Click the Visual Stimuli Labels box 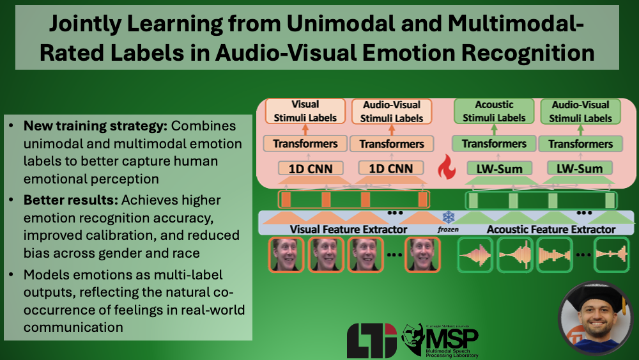coord(305,111)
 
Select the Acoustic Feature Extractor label coord(551,229)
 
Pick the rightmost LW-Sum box coord(580,169)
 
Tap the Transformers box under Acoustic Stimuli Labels coord(494,143)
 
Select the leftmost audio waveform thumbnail coord(475,255)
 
